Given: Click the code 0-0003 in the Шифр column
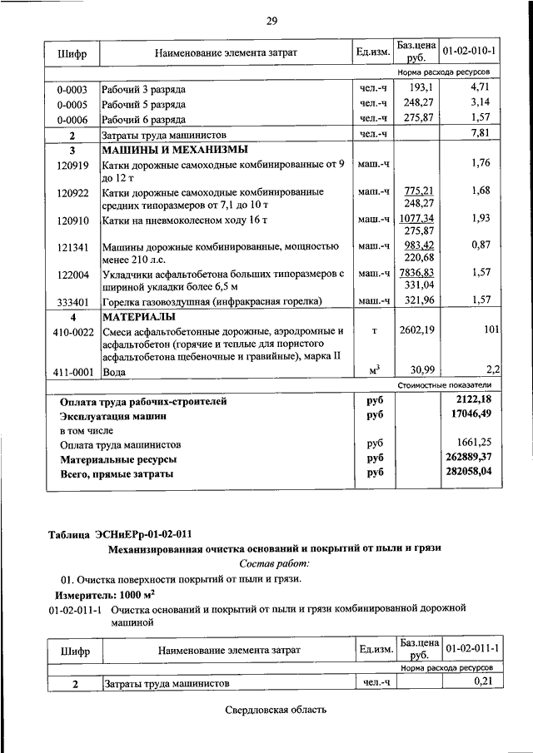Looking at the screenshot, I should [x=72, y=89].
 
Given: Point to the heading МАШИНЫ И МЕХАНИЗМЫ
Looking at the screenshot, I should [x=174, y=151].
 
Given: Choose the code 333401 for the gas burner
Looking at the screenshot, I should [x=72, y=301].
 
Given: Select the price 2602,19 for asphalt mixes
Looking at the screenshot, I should [x=418, y=331].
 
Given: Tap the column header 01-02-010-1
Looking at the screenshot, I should [x=469, y=52].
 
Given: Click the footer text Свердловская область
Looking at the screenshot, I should [x=275, y=711].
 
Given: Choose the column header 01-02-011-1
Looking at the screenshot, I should [x=471, y=647].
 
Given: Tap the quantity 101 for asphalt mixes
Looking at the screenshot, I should [x=487, y=331].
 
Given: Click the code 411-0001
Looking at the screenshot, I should [x=72, y=372].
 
